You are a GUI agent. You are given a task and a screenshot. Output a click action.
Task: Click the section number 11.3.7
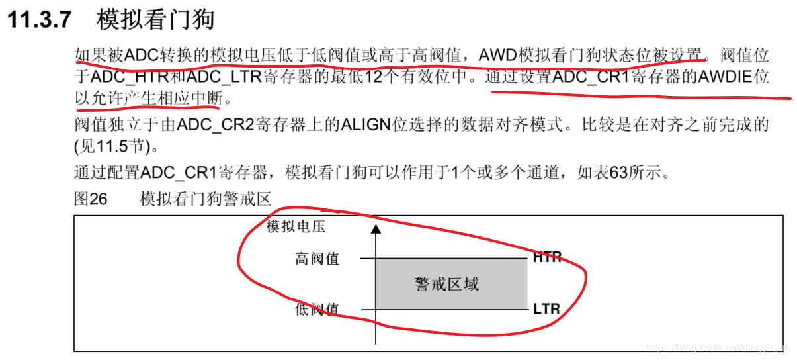[x=39, y=20]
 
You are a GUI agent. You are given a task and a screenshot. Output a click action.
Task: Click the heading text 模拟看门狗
[x=155, y=20]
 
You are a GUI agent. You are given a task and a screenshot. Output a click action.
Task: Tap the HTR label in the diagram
[x=547, y=258]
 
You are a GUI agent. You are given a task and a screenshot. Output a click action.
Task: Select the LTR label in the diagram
[x=546, y=308]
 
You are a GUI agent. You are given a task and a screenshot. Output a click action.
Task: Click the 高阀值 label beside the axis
[x=317, y=259]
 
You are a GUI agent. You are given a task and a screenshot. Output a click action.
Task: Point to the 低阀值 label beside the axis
[x=317, y=309]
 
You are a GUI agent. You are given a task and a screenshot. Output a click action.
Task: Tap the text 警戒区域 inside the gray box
[x=446, y=284]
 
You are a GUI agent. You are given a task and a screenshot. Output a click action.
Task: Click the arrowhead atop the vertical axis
[x=376, y=229]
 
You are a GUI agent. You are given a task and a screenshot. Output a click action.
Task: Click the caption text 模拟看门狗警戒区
[x=206, y=199]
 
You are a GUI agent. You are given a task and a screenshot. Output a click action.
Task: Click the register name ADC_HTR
[x=129, y=77]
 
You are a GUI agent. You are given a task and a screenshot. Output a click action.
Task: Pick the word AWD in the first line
[x=497, y=54]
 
